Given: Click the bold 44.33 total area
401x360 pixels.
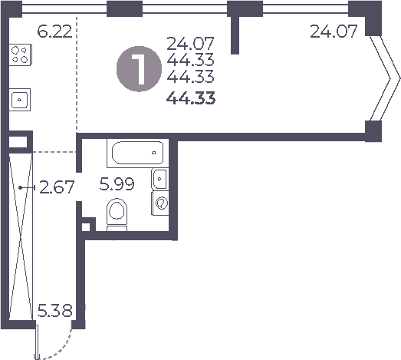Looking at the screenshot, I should [191, 97].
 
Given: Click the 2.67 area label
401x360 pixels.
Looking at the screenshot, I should [56, 187].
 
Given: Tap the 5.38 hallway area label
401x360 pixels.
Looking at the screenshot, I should [55, 312].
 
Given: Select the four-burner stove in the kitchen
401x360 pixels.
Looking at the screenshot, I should [21, 55].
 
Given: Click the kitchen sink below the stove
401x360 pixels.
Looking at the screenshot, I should [20, 99].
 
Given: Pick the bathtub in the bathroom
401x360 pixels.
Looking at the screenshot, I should [138, 153].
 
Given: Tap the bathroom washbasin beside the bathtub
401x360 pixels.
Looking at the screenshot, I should [159, 179].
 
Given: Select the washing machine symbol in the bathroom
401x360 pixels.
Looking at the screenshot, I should [160, 203].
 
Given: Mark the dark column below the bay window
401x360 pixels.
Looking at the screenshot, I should [373, 131].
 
